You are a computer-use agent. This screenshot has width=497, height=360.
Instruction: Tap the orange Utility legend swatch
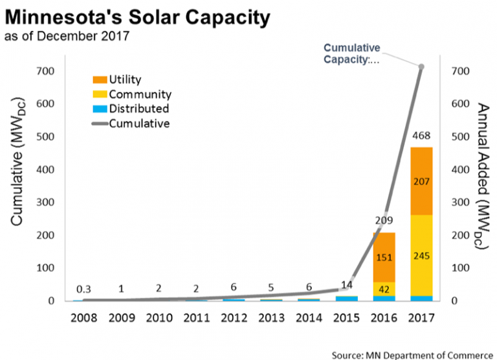point(99,80)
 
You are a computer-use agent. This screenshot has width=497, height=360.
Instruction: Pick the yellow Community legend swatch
point(99,95)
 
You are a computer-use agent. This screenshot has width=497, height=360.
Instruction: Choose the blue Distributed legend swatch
point(99,109)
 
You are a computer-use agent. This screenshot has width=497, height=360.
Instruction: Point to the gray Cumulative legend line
point(99,123)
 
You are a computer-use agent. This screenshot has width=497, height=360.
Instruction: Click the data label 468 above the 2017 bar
point(421,137)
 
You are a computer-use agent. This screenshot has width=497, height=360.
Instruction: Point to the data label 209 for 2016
point(383,219)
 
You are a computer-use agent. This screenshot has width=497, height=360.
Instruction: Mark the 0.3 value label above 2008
point(83,289)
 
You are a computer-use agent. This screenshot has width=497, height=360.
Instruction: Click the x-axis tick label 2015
point(346,319)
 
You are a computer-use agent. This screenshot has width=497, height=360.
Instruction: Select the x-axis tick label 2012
point(234,319)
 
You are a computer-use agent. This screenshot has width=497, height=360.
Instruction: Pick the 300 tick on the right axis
point(457,202)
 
